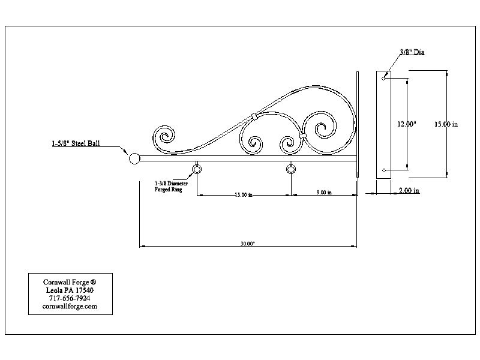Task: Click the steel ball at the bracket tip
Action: [134, 158]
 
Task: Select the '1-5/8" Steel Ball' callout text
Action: [76, 143]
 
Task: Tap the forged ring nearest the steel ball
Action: [197, 169]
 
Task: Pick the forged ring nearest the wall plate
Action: [291, 169]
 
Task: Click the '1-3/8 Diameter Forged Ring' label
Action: [171, 187]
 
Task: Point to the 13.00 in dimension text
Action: [244, 194]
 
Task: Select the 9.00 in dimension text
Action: [324, 192]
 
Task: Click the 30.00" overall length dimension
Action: [248, 244]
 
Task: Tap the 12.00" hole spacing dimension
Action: [407, 124]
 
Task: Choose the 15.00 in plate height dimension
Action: [446, 124]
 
